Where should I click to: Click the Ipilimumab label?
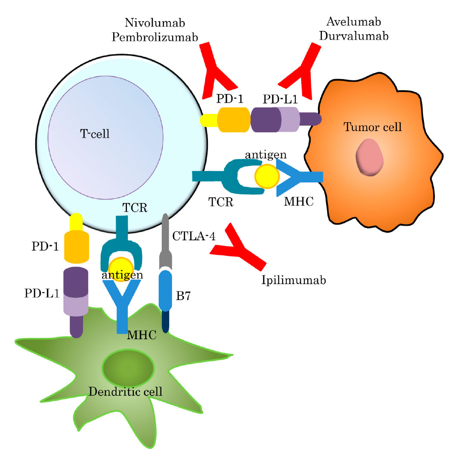[293, 280]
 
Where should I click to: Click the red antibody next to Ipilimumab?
[238, 248]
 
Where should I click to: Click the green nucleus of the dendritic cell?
[129, 368]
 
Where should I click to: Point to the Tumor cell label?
[373, 127]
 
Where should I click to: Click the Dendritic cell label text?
[125, 391]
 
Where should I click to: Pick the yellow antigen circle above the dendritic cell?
[120, 270]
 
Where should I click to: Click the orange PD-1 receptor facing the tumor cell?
[234, 119]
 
